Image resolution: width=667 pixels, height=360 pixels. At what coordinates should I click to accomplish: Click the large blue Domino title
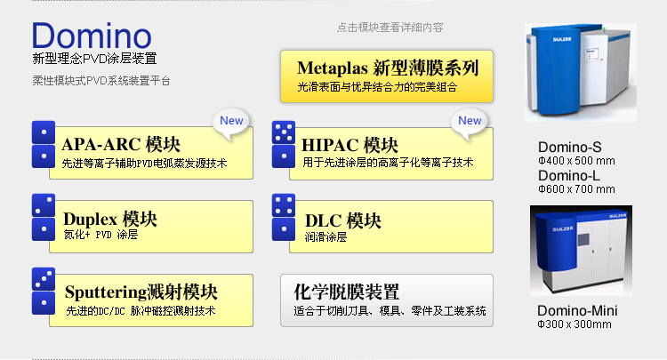[92, 36]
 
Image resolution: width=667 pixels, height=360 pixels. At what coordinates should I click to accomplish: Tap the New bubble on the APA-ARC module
[231, 124]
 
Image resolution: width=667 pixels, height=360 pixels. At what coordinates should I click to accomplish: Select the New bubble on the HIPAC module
[470, 124]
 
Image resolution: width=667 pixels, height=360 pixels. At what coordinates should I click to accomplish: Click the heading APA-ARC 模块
[121, 145]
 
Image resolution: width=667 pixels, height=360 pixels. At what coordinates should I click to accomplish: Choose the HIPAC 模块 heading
[350, 146]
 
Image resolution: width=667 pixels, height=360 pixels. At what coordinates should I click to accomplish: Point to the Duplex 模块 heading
[110, 220]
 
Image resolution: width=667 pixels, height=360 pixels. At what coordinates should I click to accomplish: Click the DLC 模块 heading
[343, 221]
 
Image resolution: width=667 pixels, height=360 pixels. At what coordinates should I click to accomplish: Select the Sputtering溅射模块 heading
[141, 292]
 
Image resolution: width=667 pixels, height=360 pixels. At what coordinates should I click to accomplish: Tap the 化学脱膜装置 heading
[346, 292]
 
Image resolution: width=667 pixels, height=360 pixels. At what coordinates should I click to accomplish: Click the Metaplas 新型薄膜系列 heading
[388, 68]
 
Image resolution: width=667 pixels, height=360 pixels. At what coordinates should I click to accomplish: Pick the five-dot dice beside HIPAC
[284, 132]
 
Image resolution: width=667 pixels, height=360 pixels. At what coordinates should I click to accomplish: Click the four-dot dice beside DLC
[284, 205]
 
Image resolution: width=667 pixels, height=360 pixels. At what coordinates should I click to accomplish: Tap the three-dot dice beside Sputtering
[44, 279]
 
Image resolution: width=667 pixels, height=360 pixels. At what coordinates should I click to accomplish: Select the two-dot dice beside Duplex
[44, 205]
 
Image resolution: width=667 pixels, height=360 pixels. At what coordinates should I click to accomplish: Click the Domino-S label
[569, 147]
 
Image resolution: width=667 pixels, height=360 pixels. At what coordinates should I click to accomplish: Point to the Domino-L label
[569, 175]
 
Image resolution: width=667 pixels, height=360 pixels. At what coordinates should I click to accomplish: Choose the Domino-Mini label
[577, 311]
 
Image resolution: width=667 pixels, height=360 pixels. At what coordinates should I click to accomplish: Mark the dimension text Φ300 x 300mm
[575, 324]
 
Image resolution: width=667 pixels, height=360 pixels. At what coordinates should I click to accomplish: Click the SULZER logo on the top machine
[562, 39]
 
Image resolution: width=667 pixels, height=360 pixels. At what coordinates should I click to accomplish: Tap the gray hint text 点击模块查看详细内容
[390, 28]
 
